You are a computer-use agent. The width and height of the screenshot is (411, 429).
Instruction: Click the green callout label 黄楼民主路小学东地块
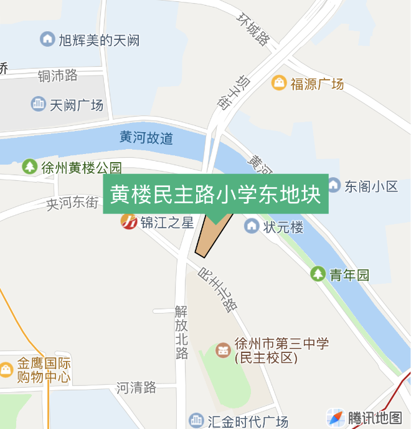click(215, 195)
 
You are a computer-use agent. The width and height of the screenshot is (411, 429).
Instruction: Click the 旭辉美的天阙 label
click(99, 41)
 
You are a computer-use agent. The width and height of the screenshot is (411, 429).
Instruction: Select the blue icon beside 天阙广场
click(39, 104)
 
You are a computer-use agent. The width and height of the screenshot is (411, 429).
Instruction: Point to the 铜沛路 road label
click(57, 75)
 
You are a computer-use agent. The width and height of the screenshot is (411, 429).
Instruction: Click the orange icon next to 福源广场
click(279, 83)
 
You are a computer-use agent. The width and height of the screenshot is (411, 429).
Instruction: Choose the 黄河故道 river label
click(146, 138)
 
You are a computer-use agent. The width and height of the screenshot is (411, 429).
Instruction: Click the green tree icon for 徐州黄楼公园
click(29, 167)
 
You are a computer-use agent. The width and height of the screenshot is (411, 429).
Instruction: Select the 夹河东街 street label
click(73, 203)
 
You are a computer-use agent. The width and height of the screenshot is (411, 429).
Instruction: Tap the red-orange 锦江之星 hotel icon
click(129, 221)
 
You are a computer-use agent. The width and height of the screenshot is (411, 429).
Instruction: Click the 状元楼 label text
click(283, 227)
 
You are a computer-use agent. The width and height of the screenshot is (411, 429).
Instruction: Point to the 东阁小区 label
click(371, 186)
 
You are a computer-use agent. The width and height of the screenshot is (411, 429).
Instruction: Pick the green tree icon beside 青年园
click(318, 274)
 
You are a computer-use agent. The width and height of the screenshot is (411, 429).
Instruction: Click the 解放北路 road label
click(181, 332)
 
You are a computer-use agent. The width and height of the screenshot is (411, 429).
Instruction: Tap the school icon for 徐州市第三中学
click(222, 350)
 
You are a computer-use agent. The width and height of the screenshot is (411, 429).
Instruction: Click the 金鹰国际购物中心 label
click(44, 370)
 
